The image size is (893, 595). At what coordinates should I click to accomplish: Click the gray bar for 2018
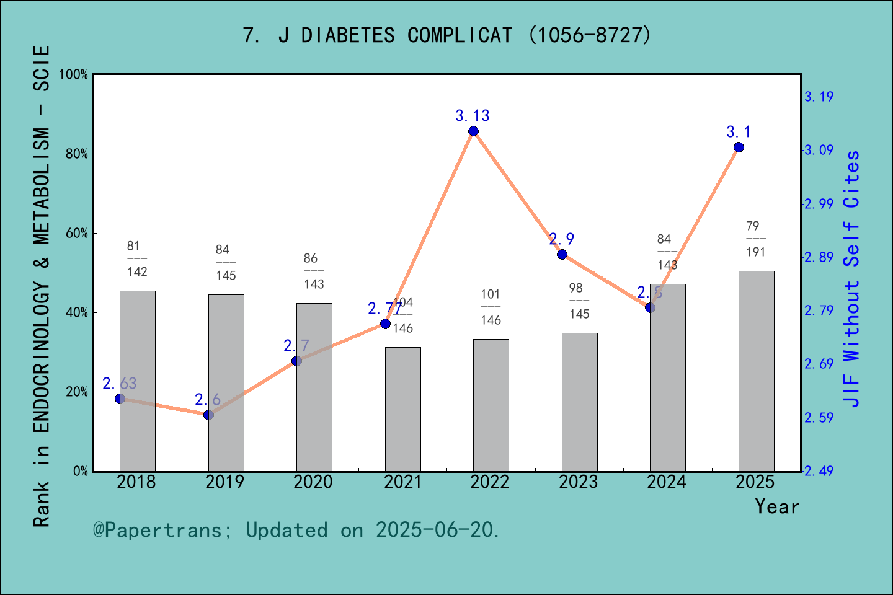point(137,381)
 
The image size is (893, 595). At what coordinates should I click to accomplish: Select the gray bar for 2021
point(402,409)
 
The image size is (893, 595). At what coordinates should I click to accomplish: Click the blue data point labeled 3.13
point(473,131)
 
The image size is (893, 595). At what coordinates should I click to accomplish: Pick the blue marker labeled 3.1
point(739,147)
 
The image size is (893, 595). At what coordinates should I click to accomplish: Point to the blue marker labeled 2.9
point(562,254)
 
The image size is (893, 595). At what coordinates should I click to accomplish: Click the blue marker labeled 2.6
point(208,415)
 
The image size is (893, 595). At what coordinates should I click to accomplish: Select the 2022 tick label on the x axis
point(490,482)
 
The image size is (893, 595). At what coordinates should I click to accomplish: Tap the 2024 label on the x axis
point(667,482)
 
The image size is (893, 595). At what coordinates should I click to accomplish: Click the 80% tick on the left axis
point(77,154)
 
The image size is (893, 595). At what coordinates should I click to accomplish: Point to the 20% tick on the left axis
point(77,392)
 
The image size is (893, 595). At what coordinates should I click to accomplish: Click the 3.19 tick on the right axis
point(819,97)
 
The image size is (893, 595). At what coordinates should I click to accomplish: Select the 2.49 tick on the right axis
point(819,471)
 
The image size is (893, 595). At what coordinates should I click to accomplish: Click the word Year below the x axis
point(776,506)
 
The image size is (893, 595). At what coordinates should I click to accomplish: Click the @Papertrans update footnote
point(296,530)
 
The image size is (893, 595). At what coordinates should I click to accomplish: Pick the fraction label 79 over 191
point(755,239)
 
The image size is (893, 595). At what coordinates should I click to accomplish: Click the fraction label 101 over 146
point(491,307)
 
